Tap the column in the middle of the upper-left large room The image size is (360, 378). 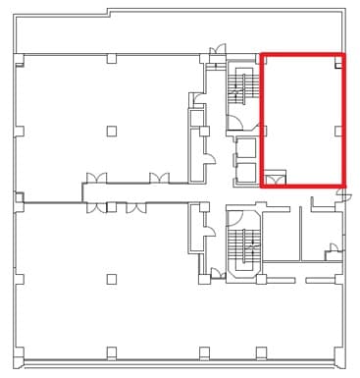click(112, 129)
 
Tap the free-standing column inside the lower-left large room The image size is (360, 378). click(112, 278)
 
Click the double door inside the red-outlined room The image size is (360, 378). click(275, 178)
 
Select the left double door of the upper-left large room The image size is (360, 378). click(96, 179)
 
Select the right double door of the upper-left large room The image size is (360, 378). click(159, 179)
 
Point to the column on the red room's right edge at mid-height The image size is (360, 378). click(337, 129)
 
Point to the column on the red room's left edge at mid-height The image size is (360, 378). click(265, 129)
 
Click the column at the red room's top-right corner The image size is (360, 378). click(337, 61)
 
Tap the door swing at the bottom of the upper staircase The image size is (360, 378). click(235, 123)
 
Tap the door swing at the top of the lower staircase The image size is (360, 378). click(235, 214)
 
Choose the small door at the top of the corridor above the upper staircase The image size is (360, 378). click(222, 48)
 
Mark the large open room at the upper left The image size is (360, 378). click(98, 118)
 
